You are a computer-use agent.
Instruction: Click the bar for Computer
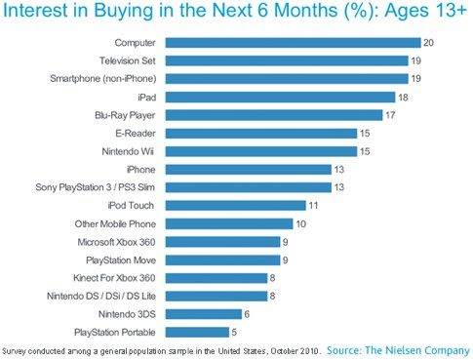point(293,43)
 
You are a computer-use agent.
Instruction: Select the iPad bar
point(280,98)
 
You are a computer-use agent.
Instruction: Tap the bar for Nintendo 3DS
point(204,314)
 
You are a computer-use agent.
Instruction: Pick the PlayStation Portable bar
point(197,332)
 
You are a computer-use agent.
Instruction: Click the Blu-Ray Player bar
point(274,115)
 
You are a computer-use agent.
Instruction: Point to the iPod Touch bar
point(235,205)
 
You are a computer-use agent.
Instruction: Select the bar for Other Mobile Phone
point(229,223)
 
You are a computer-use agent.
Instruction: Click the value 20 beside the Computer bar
point(428,43)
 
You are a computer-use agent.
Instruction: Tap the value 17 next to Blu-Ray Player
point(390,115)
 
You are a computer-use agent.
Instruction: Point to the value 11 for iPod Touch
point(313,205)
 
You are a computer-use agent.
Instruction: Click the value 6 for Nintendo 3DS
point(247,314)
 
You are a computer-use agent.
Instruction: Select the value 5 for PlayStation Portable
point(234,332)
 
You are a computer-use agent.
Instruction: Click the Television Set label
point(128,60)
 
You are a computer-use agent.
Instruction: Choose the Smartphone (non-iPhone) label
point(103,79)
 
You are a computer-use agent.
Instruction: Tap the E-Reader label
point(136,134)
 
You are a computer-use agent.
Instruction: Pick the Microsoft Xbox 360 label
point(116,242)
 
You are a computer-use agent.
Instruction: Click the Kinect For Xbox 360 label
point(114,278)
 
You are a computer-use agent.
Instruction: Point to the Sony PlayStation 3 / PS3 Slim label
point(96,187)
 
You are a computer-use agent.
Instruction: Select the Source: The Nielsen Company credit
point(398,350)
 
